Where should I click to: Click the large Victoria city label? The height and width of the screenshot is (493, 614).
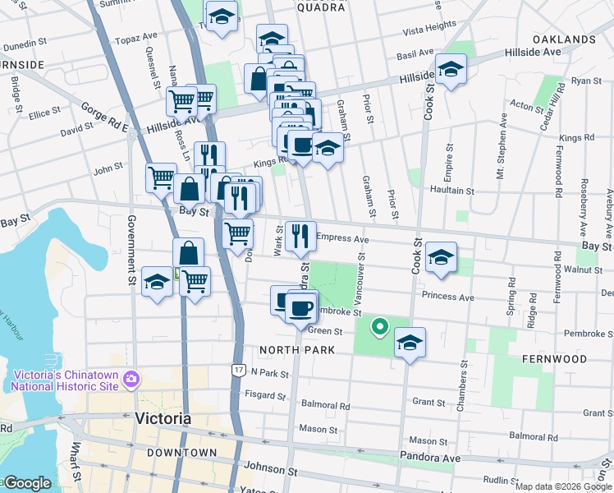[x=163, y=418]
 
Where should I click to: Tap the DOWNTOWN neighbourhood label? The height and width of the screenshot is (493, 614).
[x=182, y=453]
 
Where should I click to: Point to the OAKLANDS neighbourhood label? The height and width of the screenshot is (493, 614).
[x=563, y=39]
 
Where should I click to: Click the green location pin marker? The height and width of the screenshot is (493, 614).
[x=379, y=327]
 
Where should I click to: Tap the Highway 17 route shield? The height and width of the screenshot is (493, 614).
[x=238, y=371]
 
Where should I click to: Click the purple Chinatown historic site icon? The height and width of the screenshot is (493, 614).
[x=131, y=379]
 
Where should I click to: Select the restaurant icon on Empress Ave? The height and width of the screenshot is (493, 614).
[x=300, y=235]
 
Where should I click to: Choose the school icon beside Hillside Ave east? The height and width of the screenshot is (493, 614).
[x=451, y=69]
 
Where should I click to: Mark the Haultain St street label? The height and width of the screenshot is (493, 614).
[x=453, y=190]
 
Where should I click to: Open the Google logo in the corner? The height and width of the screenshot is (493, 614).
[x=26, y=484]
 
